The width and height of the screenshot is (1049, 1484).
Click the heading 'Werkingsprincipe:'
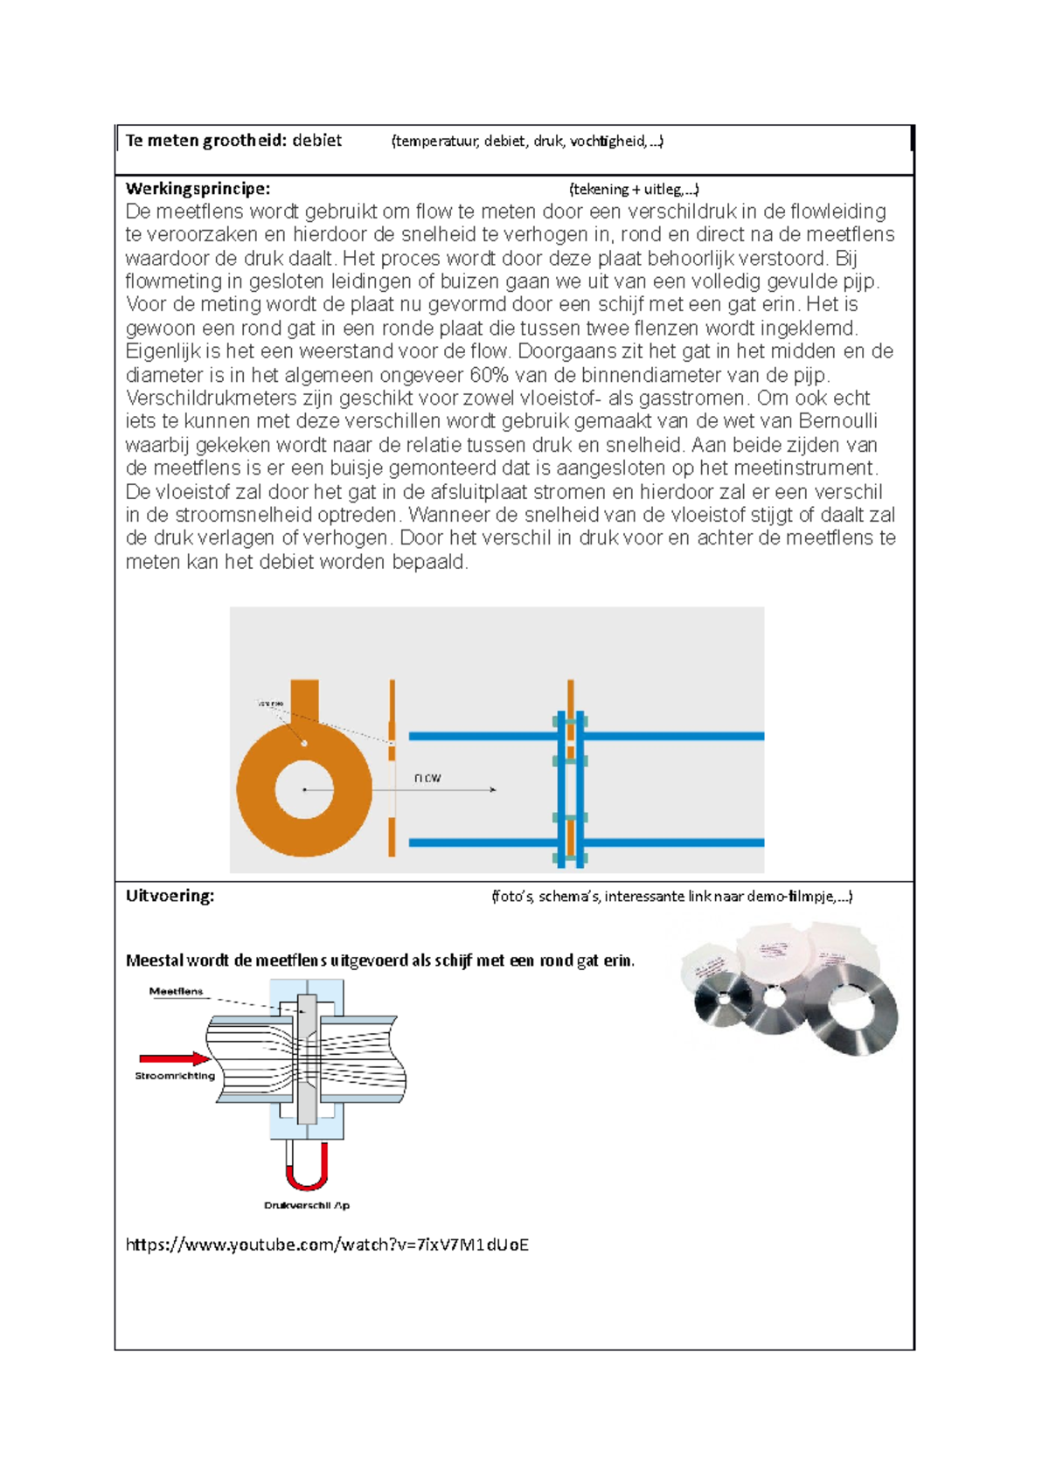tap(198, 189)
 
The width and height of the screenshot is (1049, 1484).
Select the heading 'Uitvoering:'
tap(170, 896)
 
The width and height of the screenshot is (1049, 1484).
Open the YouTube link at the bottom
tap(327, 1245)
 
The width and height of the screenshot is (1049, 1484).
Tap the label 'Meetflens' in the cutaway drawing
tap(176, 991)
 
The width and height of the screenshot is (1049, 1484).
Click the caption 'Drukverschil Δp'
tap(307, 1205)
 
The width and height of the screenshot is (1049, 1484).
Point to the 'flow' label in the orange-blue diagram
tap(427, 777)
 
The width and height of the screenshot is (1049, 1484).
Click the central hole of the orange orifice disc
tap(304, 789)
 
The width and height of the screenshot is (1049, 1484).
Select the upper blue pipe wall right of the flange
tap(673, 736)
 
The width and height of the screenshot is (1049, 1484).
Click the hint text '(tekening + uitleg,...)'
tap(634, 189)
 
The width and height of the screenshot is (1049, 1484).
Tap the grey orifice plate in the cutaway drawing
tap(307, 1059)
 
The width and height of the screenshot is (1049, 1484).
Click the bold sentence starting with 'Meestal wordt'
tap(380, 960)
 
